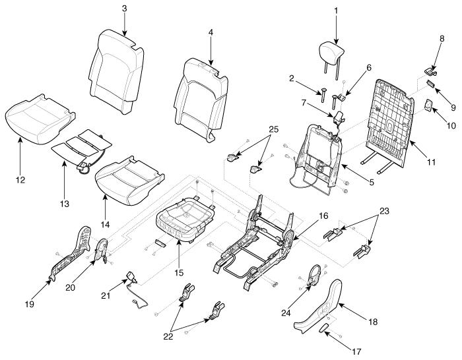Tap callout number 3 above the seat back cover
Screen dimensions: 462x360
[x=124, y=9]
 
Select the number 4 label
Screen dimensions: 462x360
[x=211, y=32]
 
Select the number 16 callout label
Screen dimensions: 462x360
[x=323, y=216]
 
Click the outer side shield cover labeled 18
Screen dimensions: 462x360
[x=318, y=309]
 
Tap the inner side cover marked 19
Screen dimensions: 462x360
[x=71, y=253]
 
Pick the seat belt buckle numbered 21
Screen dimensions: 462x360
[x=131, y=276]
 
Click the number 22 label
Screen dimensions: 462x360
[x=168, y=336]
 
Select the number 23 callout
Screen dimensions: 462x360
[x=384, y=211]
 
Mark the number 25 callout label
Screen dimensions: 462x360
[x=274, y=129]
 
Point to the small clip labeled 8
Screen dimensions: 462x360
[x=430, y=70]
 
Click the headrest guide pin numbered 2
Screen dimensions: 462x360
[x=322, y=95]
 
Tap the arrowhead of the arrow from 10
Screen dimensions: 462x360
[x=432, y=109]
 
